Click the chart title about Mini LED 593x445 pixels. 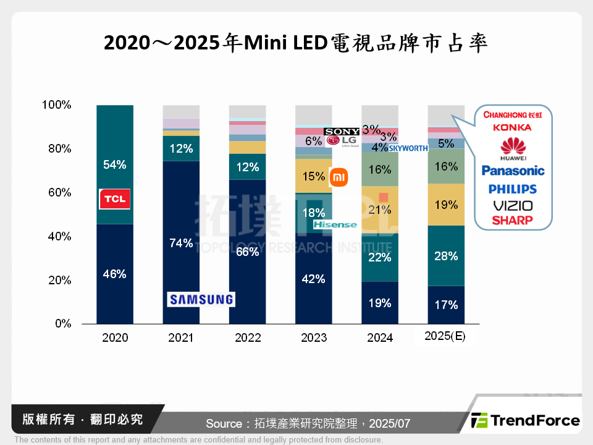click(x=296, y=43)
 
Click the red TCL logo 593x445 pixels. click(x=115, y=199)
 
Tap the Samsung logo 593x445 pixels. click(x=201, y=300)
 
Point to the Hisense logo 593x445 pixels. click(x=335, y=224)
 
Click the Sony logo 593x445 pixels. click(x=342, y=132)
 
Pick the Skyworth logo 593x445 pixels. click(x=408, y=148)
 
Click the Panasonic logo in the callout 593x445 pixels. click(x=513, y=171)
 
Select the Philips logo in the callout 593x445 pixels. click(x=513, y=189)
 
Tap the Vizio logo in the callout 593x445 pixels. click(x=513, y=206)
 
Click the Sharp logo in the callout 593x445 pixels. click(x=513, y=220)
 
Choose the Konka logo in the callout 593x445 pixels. click(x=513, y=127)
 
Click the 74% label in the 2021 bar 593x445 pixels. click(x=181, y=243)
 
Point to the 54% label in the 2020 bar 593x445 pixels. click(x=115, y=165)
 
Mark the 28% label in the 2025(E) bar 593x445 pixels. click(x=446, y=256)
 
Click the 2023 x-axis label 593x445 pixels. click(x=313, y=337)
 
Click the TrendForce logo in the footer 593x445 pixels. click(x=525, y=421)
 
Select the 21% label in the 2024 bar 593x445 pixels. click(x=379, y=210)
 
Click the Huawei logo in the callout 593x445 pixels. click(x=513, y=149)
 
